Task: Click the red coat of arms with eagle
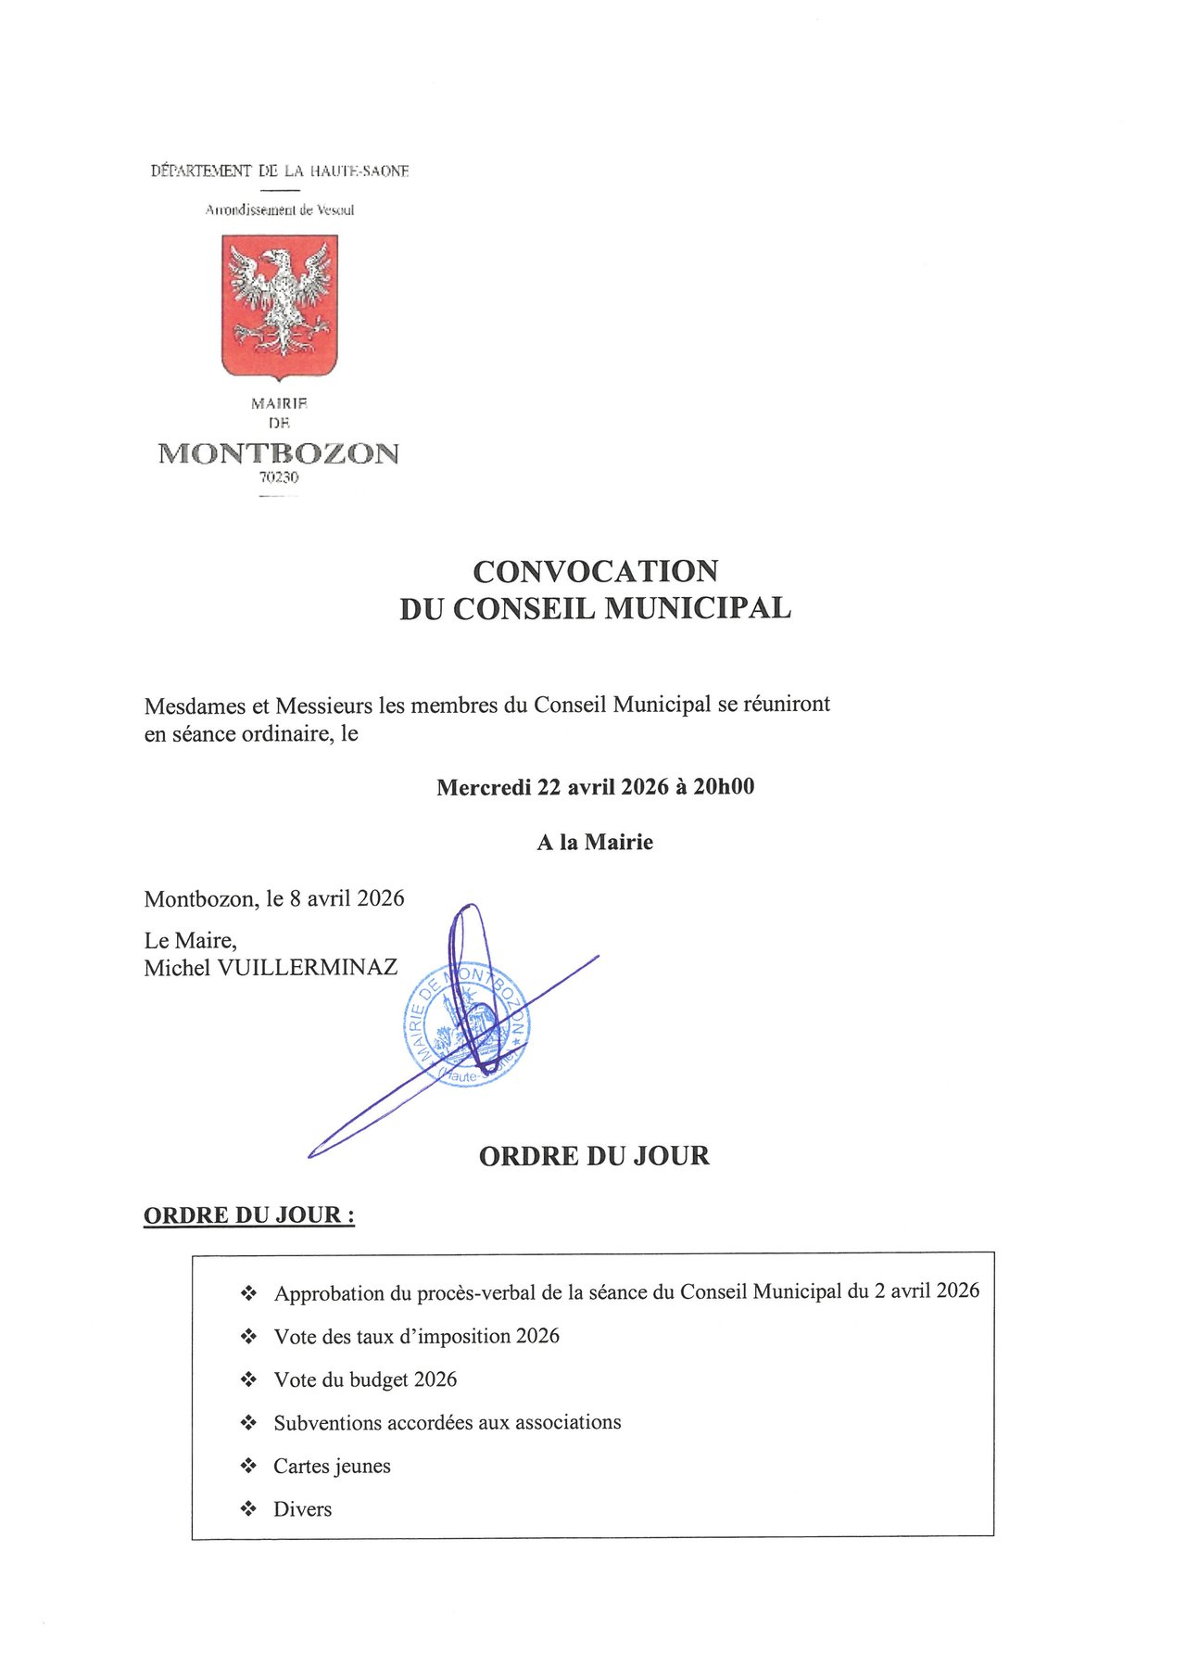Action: click(x=279, y=306)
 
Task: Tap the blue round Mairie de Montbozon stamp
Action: click(x=468, y=1024)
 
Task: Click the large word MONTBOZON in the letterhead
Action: click(x=279, y=453)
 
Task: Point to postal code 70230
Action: click(x=279, y=478)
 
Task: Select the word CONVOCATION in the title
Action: click(x=595, y=571)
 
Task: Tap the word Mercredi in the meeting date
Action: click(x=483, y=788)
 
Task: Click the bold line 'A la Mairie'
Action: click(x=595, y=843)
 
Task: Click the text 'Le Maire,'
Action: click(x=190, y=940)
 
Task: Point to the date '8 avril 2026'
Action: click(x=347, y=898)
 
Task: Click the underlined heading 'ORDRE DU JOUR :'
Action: click(x=248, y=1214)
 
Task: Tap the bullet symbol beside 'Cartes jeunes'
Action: click(x=248, y=1466)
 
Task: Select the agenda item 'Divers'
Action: click(x=302, y=1509)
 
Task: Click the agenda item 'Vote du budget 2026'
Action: click(x=365, y=1379)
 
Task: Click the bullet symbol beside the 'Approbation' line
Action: click(x=248, y=1293)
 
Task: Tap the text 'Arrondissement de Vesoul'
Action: click(x=279, y=210)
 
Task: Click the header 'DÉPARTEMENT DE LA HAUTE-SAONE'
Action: click(x=279, y=172)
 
